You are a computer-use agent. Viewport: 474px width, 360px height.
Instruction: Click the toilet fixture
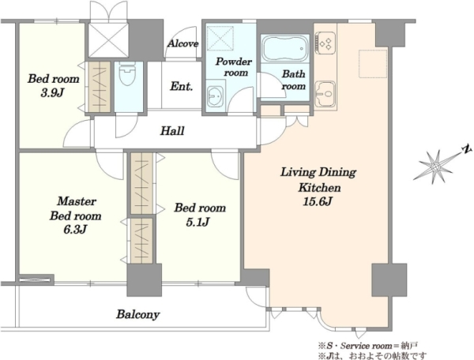click(x=128, y=74)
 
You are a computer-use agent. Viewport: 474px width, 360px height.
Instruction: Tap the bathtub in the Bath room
click(x=284, y=48)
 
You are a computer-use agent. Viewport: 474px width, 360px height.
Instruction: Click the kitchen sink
click(x=325, y=94)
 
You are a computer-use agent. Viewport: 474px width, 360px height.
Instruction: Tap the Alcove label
click(x=183, y=43)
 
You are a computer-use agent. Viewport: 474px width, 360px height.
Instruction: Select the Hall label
click(x=172, y=131)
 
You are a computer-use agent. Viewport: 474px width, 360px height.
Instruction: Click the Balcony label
click(x=138, y=314)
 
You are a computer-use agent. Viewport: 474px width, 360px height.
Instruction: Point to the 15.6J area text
click(x=318, y=201)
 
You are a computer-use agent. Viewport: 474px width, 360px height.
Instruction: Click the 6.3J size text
click(x=75, y=230)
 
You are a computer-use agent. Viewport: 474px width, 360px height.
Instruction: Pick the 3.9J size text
click(x=53, y=93)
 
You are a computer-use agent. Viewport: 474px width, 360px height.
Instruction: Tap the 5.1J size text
click(x=197, y=223)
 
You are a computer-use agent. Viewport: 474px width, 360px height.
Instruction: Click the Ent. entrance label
click(x=182, y=86)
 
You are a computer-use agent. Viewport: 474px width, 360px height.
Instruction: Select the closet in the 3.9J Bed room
click(x=100, y=87)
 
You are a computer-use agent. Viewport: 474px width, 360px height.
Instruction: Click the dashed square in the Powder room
click(x=220, y=38)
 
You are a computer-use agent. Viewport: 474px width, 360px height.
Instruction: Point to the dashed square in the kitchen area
click(x=373, y=64)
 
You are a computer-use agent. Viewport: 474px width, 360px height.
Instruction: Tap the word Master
click(x=77, y=201)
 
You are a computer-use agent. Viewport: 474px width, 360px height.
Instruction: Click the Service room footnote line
click(x=367, y=345)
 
